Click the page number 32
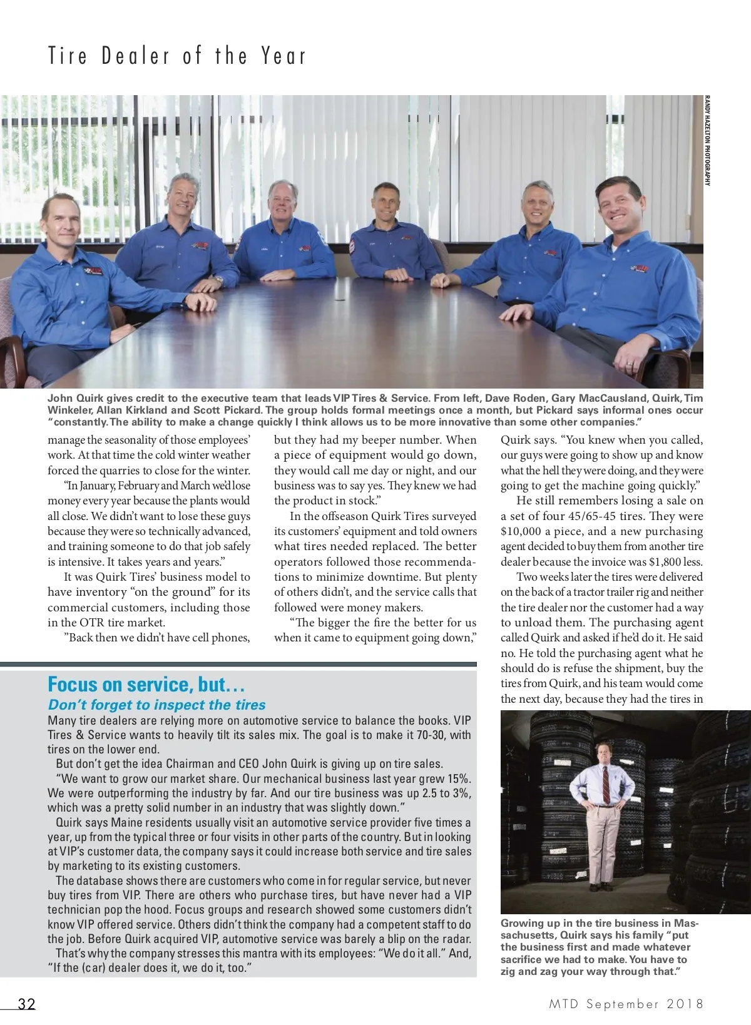click(26, 1004)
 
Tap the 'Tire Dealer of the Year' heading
click(177, 56)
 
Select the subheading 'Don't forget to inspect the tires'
click(157, 705)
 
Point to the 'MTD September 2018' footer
click(626, 1004)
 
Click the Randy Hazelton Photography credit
click(707, 140)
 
